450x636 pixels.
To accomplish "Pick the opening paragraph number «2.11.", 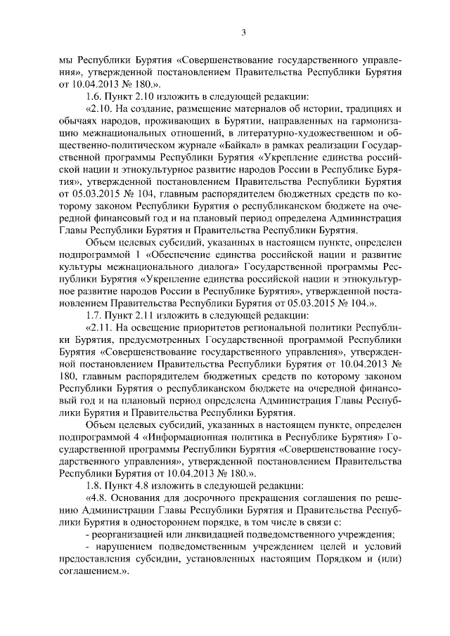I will (101, 327).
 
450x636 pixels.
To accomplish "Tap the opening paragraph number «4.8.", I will (98, 499).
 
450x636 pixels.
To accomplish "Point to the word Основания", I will (148, 499).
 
